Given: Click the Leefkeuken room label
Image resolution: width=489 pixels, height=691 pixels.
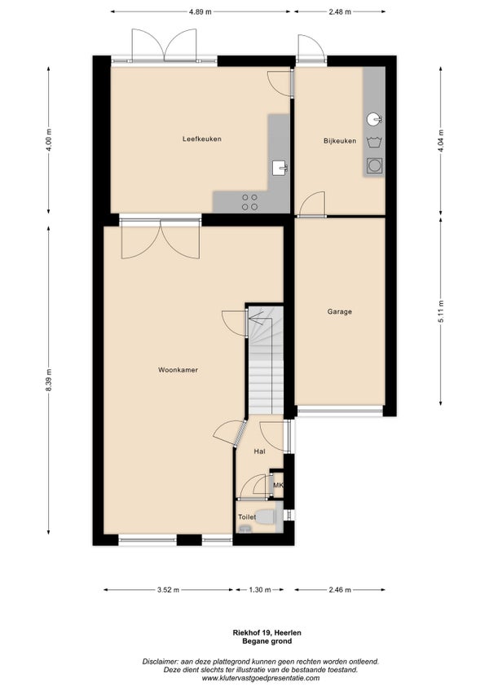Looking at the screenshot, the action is click(202, 139).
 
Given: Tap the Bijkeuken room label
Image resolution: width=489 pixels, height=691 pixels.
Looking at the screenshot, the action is click(340, 141).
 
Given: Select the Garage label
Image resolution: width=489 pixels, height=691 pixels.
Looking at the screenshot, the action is click(340, 311).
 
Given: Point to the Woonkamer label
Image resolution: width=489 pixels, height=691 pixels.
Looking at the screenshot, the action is click(178, 370).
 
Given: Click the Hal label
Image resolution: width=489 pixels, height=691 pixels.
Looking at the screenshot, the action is click(259, 451).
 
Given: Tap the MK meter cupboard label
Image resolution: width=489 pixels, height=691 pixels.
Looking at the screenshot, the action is click(278, 485).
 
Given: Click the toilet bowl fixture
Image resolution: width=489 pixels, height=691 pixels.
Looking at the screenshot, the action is click(265, 517).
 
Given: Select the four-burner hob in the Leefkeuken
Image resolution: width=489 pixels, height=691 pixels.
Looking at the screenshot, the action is click(249, 202).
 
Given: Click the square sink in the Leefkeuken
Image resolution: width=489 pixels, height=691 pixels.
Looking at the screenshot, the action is click(280, 168).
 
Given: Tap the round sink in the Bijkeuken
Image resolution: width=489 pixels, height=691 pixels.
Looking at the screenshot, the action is click(374, 119).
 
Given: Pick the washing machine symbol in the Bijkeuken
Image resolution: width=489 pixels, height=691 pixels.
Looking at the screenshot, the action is click(375, 165).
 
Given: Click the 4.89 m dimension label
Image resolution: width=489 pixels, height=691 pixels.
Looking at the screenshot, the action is click(200, 12).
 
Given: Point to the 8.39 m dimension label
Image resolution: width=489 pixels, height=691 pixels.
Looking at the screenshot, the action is click(49, 380).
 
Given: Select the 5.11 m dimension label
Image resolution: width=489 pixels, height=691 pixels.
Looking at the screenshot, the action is click(441, 311).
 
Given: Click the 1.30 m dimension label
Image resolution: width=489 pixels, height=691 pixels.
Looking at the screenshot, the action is click(260, 590).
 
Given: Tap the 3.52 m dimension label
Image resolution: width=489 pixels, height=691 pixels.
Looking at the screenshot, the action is click(168, 590).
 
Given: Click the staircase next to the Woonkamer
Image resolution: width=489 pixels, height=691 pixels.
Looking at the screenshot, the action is click(265, 360).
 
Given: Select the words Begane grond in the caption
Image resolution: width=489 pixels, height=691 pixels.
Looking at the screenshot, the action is click(267, 641).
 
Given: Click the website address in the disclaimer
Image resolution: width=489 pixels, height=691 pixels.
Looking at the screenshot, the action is click(261, 678).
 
